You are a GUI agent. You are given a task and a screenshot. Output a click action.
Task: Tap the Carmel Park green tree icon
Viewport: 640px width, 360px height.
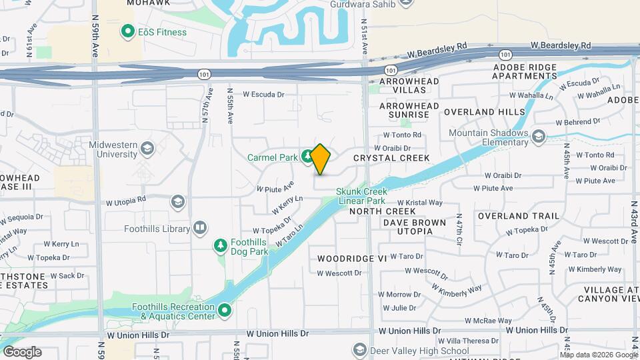306,157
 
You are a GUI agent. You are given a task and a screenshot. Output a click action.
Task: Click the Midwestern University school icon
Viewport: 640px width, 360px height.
147,147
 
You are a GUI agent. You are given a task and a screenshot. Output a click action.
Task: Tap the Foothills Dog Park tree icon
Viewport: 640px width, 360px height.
221,247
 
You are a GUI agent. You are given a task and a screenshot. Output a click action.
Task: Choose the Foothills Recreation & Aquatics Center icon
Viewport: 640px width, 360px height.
225,311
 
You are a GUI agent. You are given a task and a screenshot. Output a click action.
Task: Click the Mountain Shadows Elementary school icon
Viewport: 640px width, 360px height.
539,137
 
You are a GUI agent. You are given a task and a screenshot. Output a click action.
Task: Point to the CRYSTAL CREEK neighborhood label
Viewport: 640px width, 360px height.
391,158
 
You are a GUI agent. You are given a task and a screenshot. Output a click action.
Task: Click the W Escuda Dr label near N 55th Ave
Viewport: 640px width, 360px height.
263,94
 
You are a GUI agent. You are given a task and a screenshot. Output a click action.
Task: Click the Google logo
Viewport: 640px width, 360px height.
22,352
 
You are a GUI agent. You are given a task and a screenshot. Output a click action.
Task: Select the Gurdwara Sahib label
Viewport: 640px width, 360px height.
363,5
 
